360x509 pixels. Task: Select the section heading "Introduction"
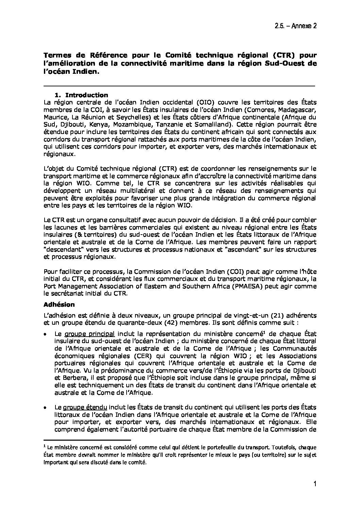(86, 95)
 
